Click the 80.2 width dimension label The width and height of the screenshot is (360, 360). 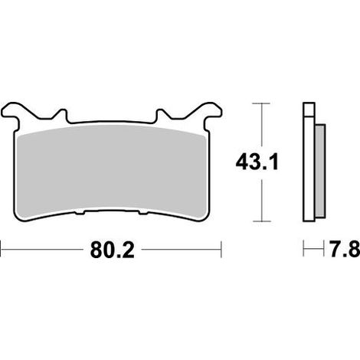112,250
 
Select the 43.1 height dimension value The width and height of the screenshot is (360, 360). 257,162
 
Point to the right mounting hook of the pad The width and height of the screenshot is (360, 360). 210,113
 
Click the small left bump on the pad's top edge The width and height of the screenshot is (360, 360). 62,114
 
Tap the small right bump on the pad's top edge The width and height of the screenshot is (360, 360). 161,114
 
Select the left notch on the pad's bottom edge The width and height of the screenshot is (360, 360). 80,212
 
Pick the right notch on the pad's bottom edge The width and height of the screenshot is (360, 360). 143,212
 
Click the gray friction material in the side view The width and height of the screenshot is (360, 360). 320,171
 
